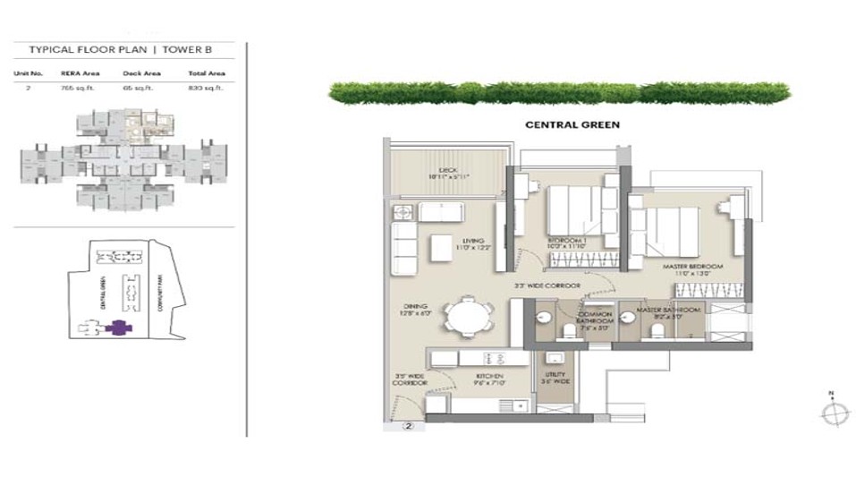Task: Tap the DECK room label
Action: click(447, 173)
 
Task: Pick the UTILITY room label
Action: click(551, 378)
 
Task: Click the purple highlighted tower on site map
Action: click(115, 328)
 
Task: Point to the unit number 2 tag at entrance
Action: click(408, 427)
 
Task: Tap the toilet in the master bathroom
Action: click(657, 332)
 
